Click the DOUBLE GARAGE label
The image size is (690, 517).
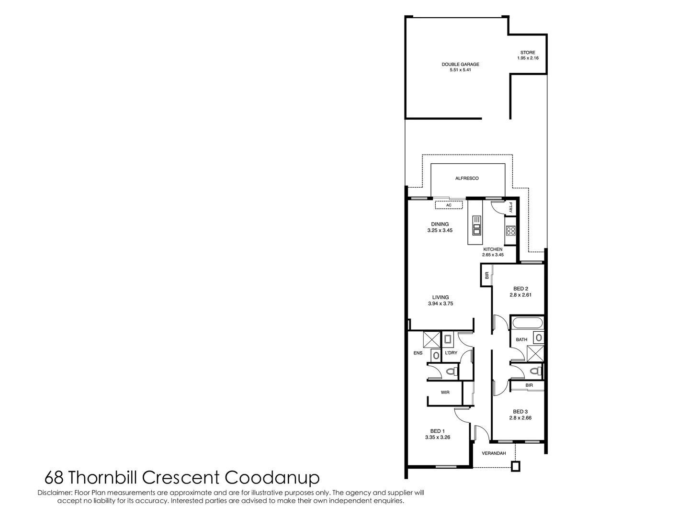pos(460,64)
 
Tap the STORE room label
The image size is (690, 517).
pos(528,53)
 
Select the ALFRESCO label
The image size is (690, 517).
pos(466,179)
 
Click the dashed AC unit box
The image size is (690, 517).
pos(449,205)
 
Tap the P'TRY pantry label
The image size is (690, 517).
pos(511,207)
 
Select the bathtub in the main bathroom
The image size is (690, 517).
pos(527,323)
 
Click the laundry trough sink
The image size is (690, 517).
pos(449,340)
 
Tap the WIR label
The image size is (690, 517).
pos(445,393)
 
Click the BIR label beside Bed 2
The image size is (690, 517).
pos(486,276)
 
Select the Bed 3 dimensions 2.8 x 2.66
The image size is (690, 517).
pos(520,418)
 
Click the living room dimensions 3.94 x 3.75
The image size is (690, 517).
pos(441,303)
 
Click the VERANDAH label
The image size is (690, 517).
pos(494,453)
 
